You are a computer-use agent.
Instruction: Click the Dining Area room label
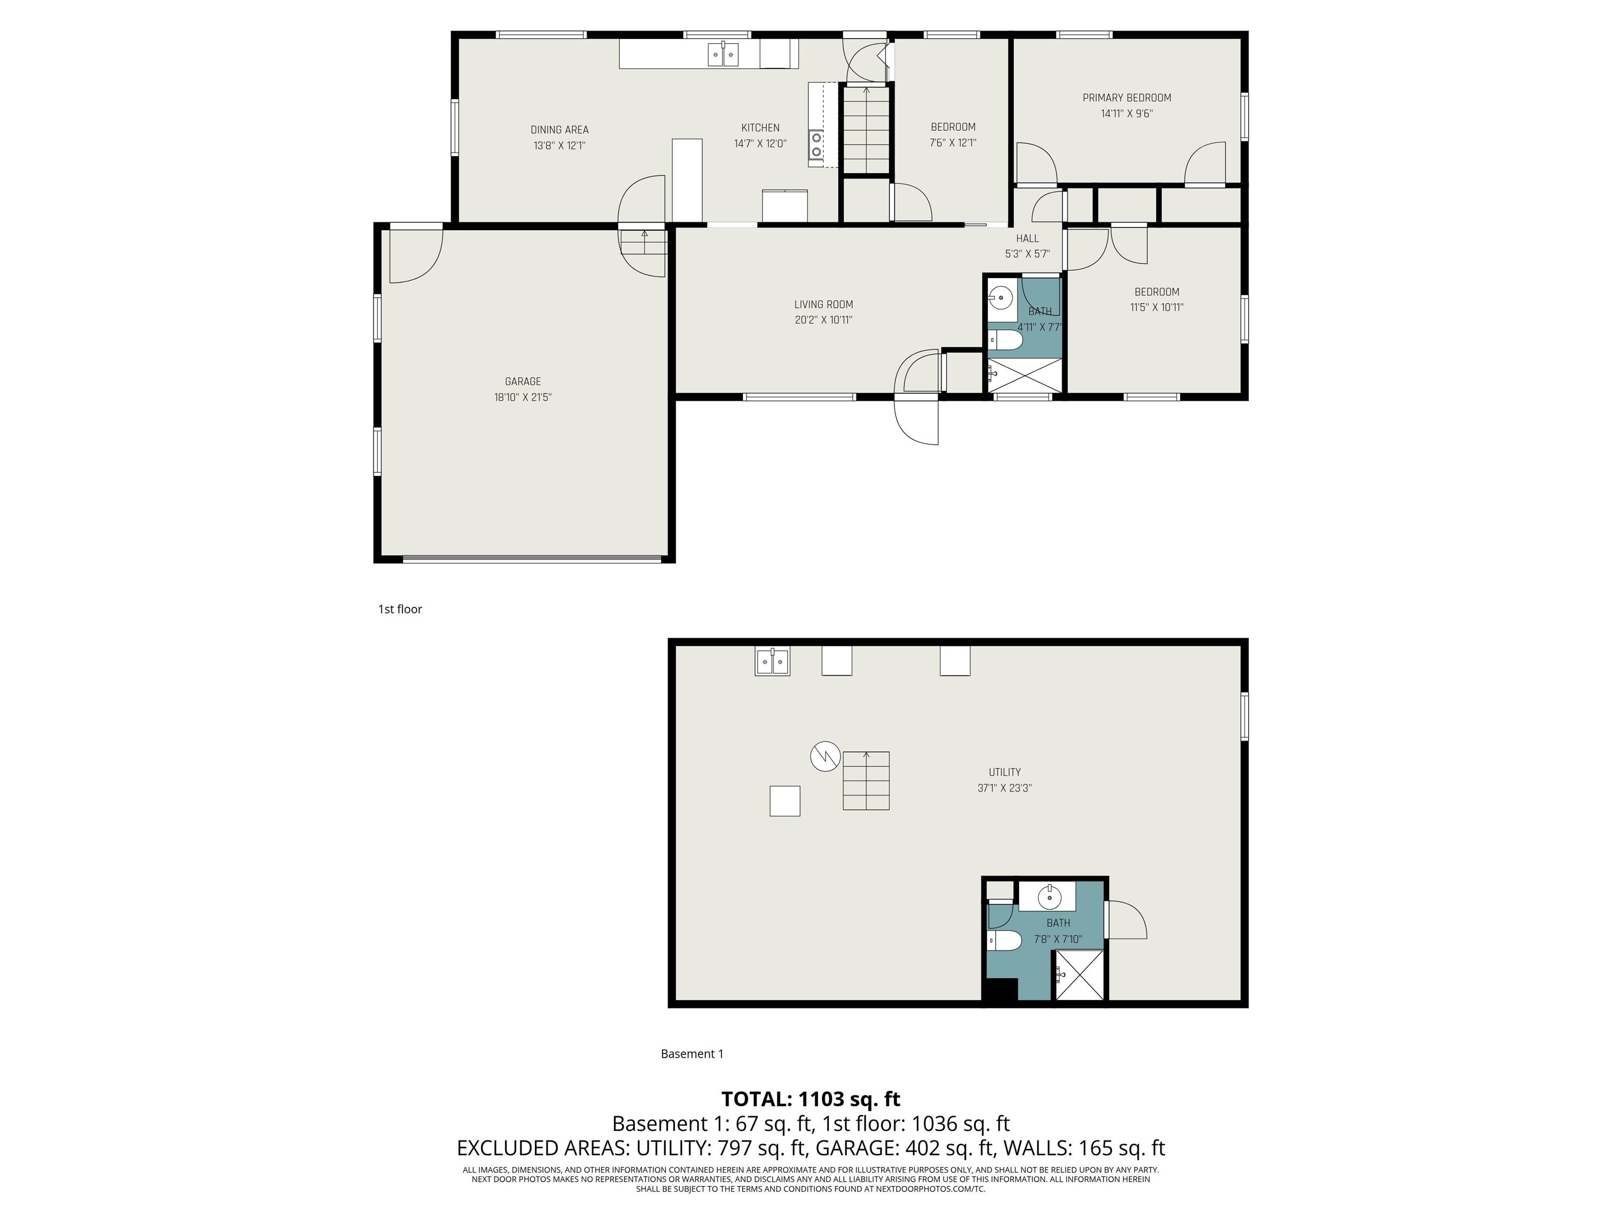coord(560,130)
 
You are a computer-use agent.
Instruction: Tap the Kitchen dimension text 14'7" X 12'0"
coord(760,144)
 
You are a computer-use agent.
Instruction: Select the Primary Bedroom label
coord(1127,98)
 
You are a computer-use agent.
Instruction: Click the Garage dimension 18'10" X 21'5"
coord(523,397)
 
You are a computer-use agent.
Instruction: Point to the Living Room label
coord(824,304)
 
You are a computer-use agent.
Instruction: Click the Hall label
coord(1027,238)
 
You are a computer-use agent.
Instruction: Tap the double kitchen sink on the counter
coord(723,55)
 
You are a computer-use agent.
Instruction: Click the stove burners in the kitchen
coord(816,145)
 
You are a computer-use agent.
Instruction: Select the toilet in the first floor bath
coord(1005,340)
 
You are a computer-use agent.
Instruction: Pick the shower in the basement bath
coord(1079,974)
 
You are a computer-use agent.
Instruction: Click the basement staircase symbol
coord(866,781)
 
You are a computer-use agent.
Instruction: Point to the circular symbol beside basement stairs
coord(825,756)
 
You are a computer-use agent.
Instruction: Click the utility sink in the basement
coord(773,662)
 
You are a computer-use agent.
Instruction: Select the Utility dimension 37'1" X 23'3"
coord(1005,788)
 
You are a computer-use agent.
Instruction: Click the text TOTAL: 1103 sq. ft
coord(811,1099)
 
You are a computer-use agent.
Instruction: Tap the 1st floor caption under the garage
coord(400,609)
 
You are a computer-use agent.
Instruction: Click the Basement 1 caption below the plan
coord(692,1054)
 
